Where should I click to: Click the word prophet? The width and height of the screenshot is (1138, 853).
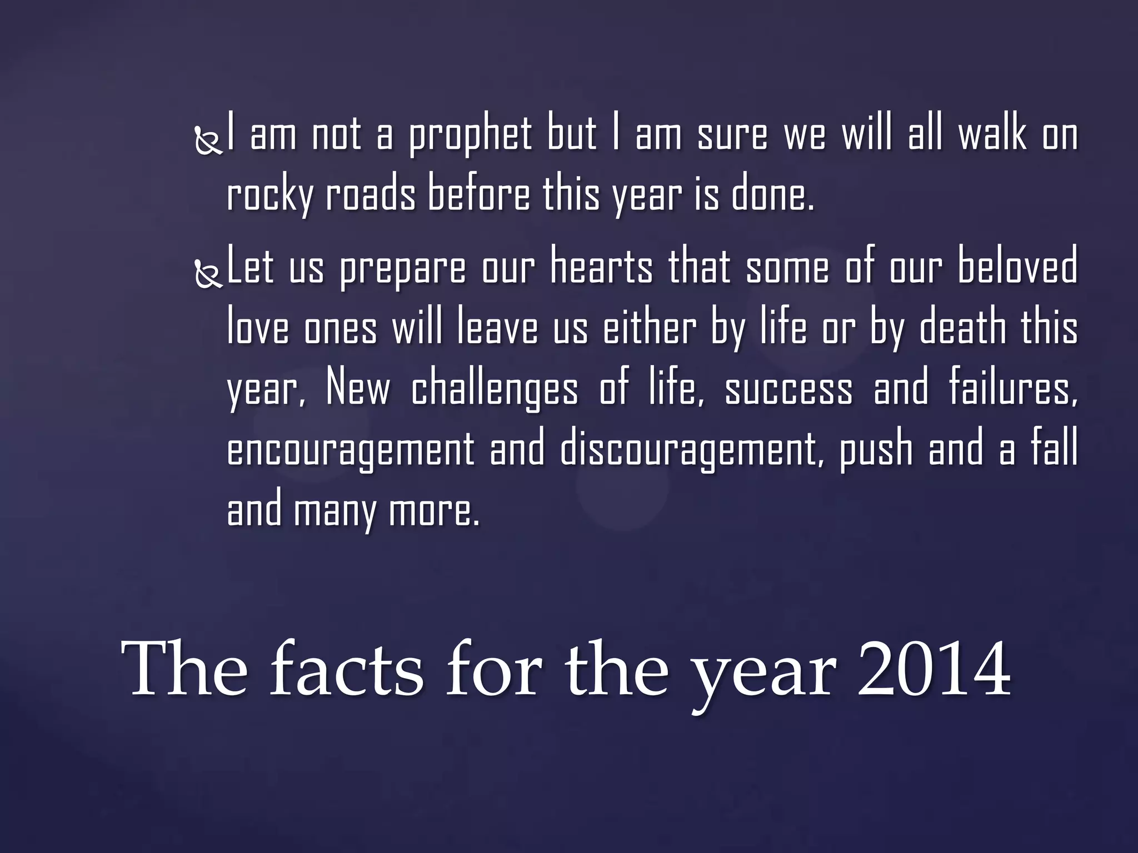470,136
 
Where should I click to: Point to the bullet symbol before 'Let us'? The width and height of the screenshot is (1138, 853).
209,274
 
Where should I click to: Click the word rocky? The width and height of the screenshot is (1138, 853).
269,196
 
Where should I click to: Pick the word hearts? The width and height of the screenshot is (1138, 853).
601,268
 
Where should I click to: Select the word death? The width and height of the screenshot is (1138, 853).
962,328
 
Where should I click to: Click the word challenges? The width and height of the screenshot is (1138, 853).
494,390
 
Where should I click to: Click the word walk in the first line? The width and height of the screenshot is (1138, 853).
992,135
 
